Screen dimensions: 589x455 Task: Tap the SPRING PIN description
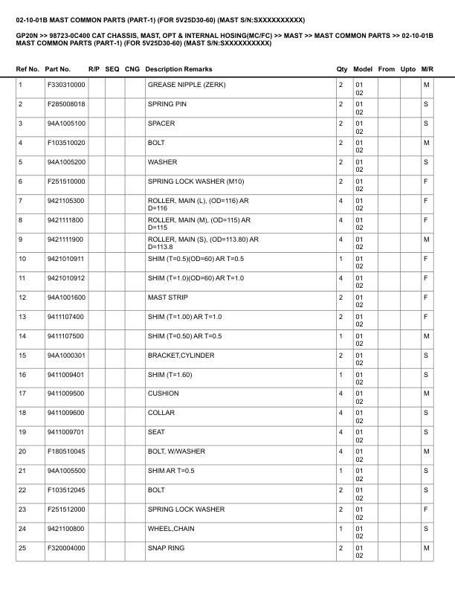click(167, 104)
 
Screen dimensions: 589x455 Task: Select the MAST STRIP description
click(167, 297)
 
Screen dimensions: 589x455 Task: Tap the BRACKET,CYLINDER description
click(181, 355)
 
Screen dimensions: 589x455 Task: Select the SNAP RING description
click(166, 548)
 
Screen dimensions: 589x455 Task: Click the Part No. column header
click(58, 68)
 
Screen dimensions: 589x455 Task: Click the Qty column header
click(342, 68)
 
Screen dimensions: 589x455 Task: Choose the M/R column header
click(427, 68)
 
